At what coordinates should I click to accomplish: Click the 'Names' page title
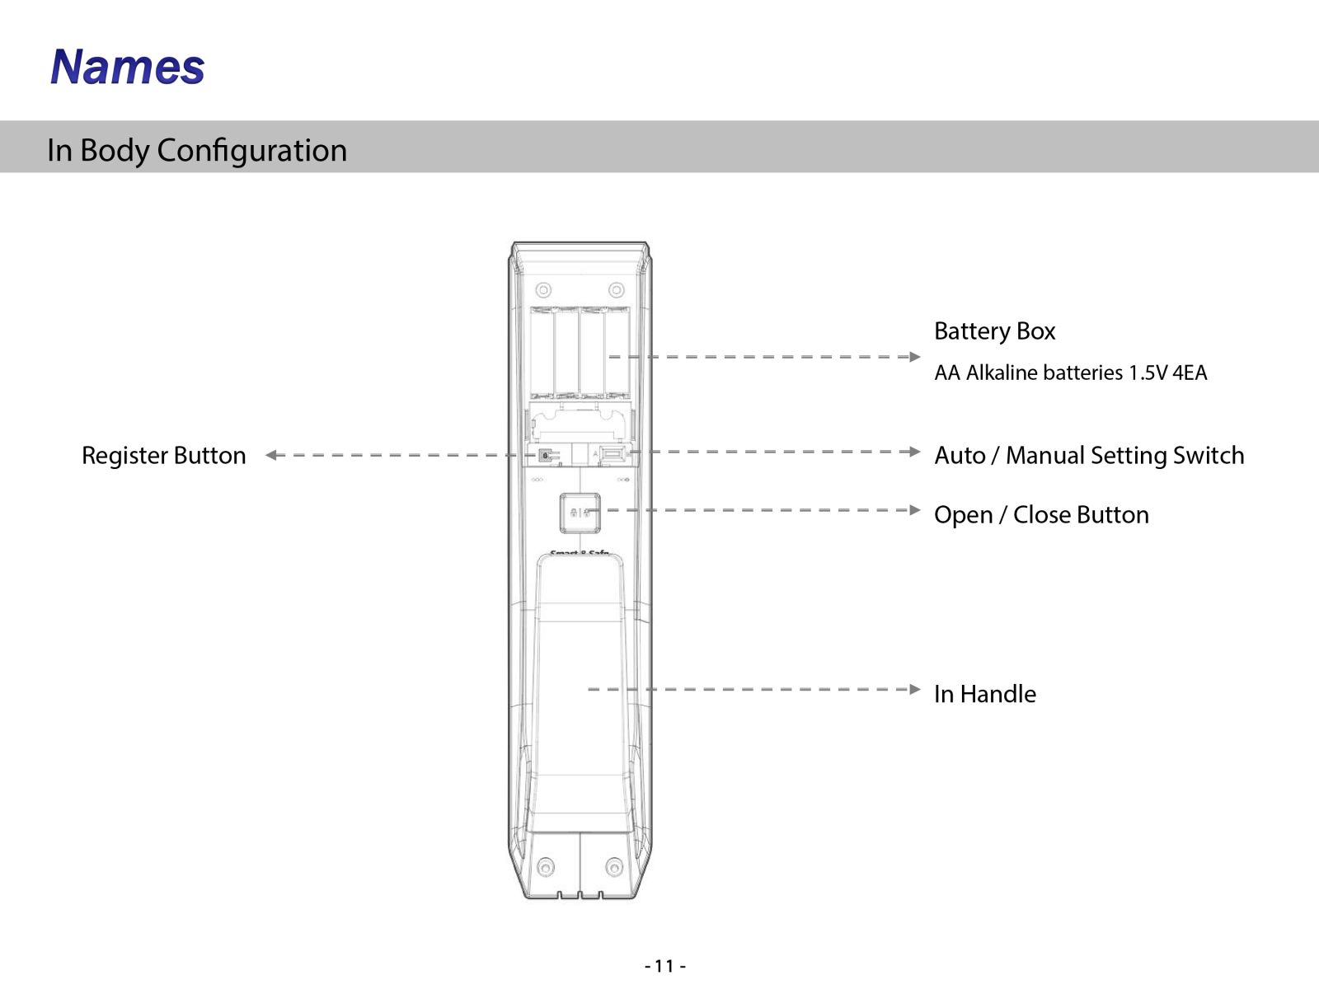[x=128, y=66]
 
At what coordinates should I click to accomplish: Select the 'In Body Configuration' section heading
[x=197, y=150]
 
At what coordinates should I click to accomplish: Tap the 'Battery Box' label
[x=994, y=331]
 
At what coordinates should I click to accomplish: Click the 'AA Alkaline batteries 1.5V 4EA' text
[x=1070, y=373]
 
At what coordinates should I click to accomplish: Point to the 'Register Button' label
[x=163, y=456]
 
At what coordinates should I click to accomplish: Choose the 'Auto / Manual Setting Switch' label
[x=1089, y=456]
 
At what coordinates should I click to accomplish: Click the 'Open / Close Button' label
[x=1041, y=515]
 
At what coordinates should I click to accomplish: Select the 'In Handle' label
[x=985, y=694]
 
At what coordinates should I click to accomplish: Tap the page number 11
[x=664, y=966]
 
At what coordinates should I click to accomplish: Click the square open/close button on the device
[x=580, y=513]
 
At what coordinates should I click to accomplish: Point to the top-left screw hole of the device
[x=543, y=290]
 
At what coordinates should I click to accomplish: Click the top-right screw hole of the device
[x=617, y=290]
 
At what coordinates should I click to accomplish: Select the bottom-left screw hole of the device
[x=546, y=867]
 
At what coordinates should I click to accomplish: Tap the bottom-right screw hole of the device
[x=614, y=867]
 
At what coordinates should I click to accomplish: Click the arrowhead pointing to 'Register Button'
[x=271, y=455]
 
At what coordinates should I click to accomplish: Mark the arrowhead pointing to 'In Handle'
[x=914, y=689]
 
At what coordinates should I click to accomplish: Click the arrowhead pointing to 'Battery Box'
[x=914, y=357]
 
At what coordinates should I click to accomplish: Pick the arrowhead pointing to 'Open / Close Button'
[x=914, y=510]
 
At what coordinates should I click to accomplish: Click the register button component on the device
[x=546, y=456]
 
